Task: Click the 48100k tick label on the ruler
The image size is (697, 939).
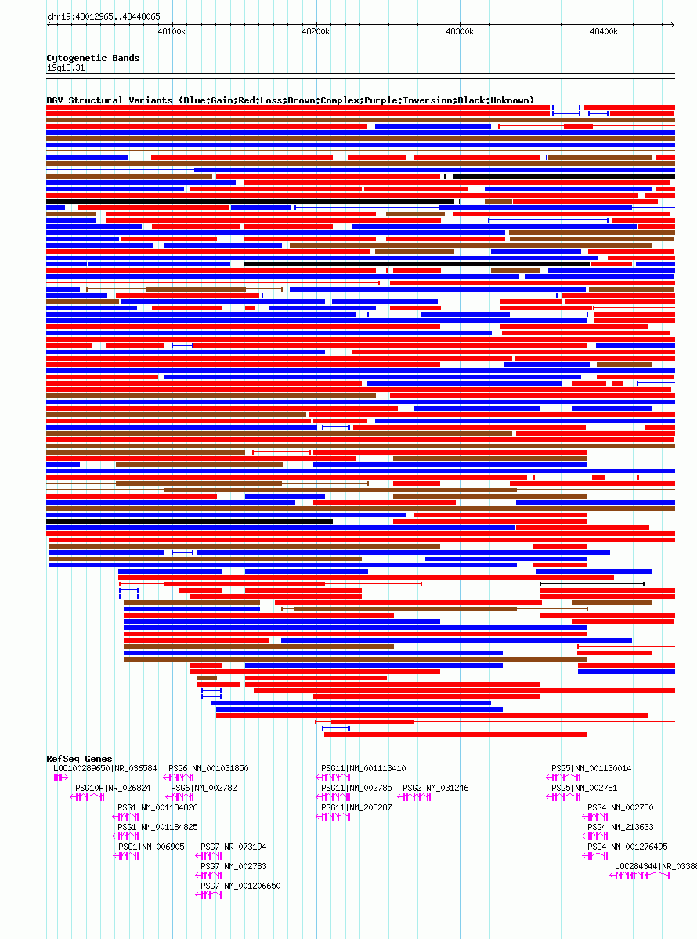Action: (x=172, y=31)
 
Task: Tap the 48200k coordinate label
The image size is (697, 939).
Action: (x=316, y=31)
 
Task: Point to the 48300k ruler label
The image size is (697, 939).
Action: (x=460, y=31)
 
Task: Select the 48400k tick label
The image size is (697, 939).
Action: (x=604, y=31)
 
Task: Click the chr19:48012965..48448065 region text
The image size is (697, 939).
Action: (x=103, y=16)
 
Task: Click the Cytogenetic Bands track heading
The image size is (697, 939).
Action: (x=93, y=58)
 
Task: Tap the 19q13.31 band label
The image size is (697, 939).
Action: (x=66, y=67)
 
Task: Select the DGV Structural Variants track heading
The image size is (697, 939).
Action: (x=290, y=100)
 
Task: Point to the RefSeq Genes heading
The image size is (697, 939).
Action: (x=79, y=759)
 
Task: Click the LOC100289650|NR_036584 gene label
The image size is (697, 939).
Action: (x=105, y=768)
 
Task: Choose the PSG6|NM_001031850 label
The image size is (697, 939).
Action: (x=208, y=768)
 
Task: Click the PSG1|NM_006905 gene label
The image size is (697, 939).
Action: (x=151, y=847)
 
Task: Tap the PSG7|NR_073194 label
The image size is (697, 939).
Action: (x=233, y=847)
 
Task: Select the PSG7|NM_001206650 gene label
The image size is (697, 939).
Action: (x=240, y=886)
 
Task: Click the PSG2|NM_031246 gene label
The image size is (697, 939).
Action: (x=435, y=788)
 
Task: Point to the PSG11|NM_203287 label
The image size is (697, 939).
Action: (x=356, y=807)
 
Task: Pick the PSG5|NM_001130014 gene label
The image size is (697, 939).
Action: (x=591, y=768)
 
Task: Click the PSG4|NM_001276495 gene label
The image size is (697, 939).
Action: (x=627, y=847)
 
